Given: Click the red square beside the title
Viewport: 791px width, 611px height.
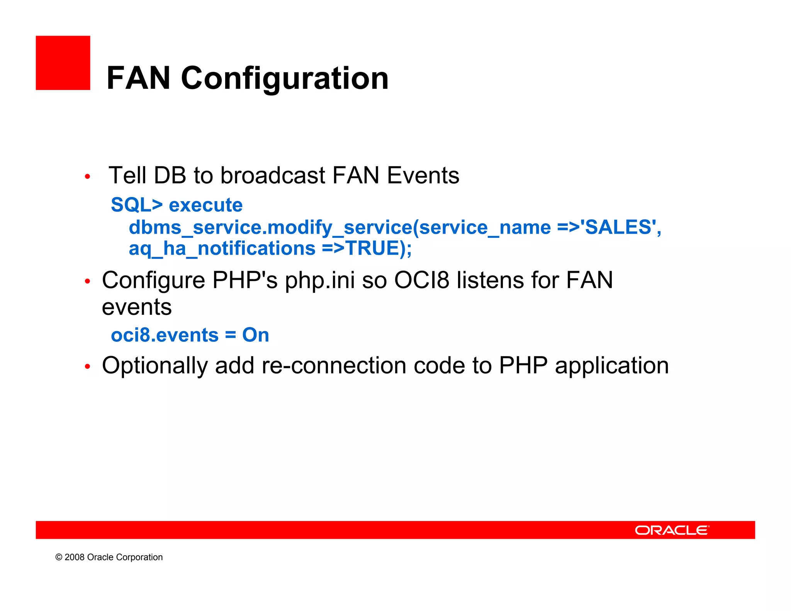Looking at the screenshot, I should pyautogui.click(x=63, y=63).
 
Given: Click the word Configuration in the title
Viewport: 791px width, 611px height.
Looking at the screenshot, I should pyautogui.click(x=285, y=78).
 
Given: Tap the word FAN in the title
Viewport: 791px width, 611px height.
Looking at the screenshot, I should pyautogui.click(x=138, y=78).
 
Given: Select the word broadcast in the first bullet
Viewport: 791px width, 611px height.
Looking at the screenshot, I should pyautogui.click(x=273, y=176).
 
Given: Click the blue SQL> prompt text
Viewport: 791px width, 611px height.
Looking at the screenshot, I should pyautogui.click(x=137, y=205).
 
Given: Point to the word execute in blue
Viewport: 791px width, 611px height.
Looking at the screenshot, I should pyautogui.click(x=205, y=205).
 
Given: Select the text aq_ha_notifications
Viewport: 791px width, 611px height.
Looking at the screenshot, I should pyautogui.click(x=222, y=248).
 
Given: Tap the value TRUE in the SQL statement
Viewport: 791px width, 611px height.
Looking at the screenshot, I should pyautogui.click(x=372, y=248).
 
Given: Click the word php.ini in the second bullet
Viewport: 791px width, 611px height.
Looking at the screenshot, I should pyautogui.click(x=320, y=280).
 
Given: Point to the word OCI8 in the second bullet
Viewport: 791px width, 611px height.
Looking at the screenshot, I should pyautogui.click(x=421, y=280).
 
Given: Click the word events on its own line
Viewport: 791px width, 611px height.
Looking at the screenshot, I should pyautogui.click(x=137, y=308).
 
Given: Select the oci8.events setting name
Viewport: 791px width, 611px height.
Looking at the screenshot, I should pyautogui.click(x=165, y=335).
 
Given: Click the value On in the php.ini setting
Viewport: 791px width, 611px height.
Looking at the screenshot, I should pyautogui.click(x=255, y=335).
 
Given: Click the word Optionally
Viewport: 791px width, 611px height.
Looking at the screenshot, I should pyautogui.click(x=154, y=365).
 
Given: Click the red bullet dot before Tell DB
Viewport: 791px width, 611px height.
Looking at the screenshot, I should pyautogui.click(x=88, y=177).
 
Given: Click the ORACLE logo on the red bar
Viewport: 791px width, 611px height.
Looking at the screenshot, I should pyautogui.click(x=672, y=530).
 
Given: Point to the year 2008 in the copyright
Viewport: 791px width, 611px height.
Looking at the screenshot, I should pyautogui.click(x=75, y=557).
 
